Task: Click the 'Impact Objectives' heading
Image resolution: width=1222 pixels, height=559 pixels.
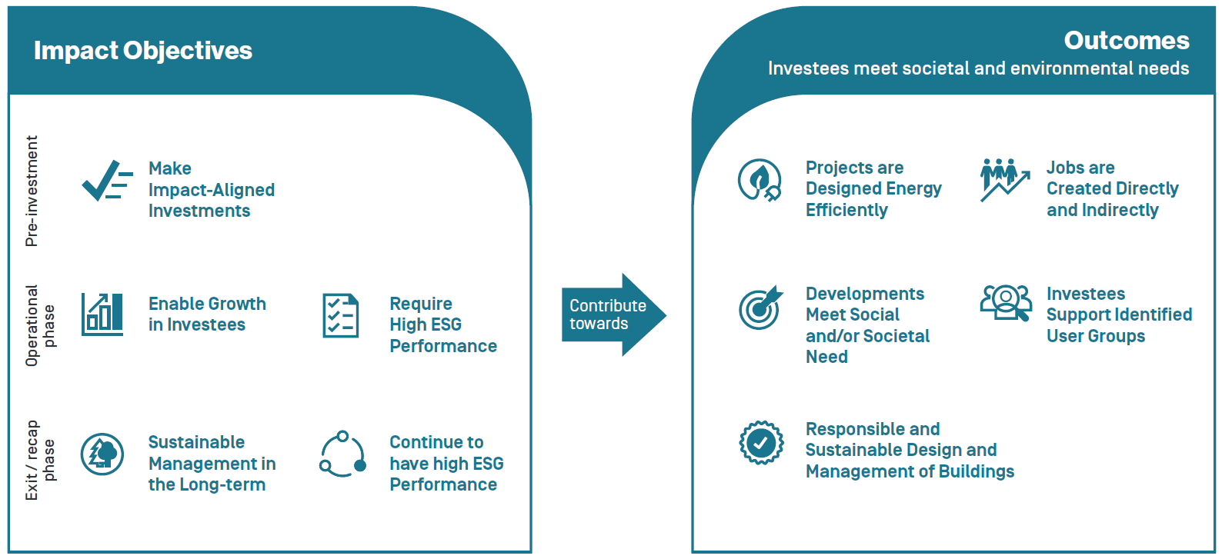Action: click(142, 51)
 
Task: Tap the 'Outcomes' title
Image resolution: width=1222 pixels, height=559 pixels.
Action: click(1126, 41)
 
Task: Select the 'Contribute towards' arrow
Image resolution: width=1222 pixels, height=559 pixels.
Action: click(613, 314)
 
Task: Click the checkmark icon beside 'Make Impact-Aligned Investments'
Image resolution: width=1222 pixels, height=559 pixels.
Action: click(106, 181)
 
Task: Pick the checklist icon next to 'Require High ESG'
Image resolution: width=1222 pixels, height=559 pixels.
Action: click(340, 315)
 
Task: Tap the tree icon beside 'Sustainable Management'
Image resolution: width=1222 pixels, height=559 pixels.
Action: click(102, 454)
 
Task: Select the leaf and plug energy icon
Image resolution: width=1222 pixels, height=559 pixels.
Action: click(760, 181)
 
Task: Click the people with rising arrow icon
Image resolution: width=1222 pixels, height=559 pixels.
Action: click(1003, 179)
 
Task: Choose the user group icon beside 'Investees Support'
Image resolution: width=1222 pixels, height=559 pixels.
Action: click(1005, 302)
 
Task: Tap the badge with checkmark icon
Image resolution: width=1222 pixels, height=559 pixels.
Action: click(761, 443)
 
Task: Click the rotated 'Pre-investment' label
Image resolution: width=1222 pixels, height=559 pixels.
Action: click(32, 191)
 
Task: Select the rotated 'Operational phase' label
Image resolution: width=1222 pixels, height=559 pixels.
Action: click(40, 325)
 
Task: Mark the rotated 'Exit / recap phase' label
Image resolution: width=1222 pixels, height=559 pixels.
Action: click(40, 460)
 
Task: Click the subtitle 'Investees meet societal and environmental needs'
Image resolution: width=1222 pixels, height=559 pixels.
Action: click(978, 68)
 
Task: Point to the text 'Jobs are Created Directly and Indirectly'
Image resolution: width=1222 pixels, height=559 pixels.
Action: click(1111, 189)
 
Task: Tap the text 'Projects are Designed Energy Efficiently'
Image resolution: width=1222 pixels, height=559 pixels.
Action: click(873, 189)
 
